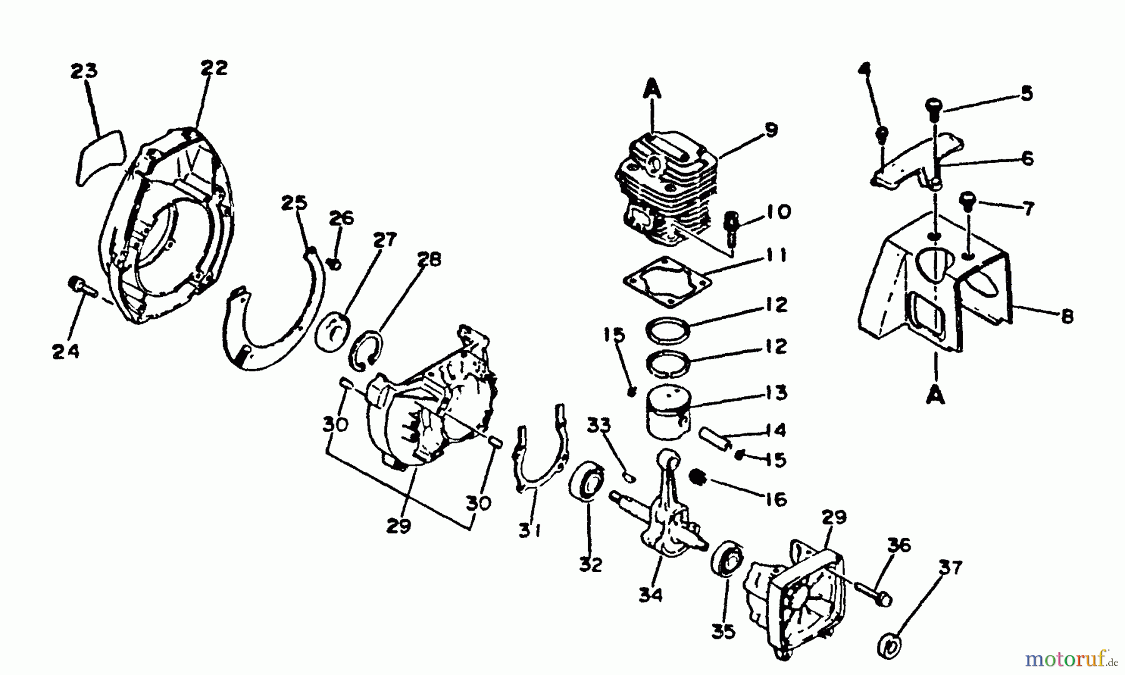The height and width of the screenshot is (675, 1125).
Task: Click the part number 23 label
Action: click(x=84, y=71)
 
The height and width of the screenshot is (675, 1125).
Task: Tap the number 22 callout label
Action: click(x=214, y=67)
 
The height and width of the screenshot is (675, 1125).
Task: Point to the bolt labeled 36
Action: click(x=872, y=593)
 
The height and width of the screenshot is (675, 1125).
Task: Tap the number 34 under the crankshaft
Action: click(x=650, y=595)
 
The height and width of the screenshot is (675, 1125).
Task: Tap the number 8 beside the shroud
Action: click(x=1067, y=316)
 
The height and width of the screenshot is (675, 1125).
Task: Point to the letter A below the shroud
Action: click(x=936, y=396)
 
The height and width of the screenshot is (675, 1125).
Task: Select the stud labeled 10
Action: click(x=732, y=226)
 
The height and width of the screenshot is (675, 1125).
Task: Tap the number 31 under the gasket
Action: click(x=530, y=531)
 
